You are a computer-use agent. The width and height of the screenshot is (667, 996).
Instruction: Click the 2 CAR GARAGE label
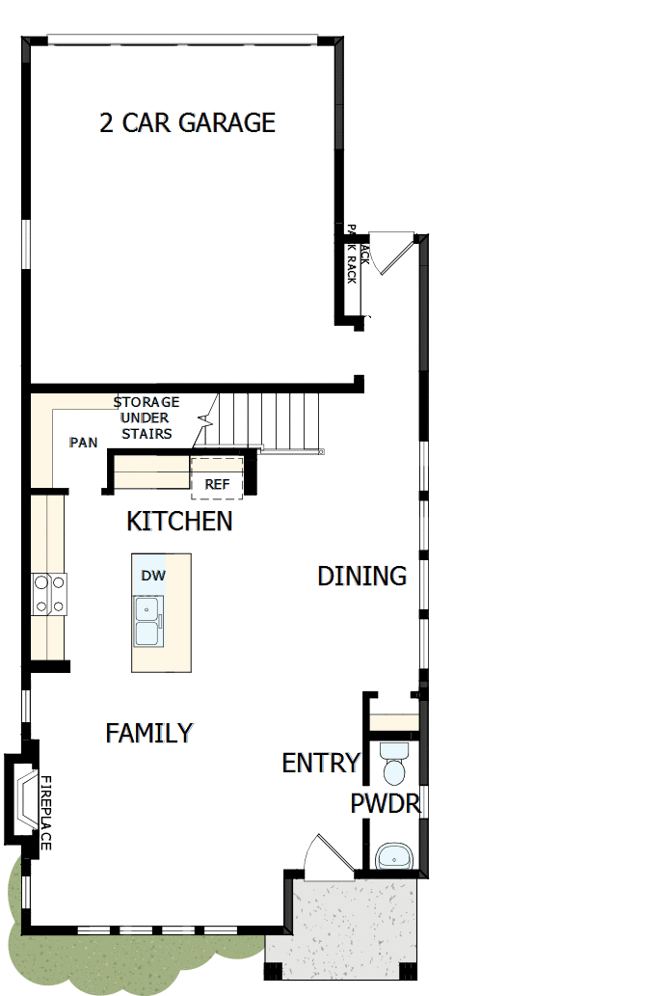pyautogui.click(x=188, y=122)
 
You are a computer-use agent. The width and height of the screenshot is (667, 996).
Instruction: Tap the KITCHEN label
pyautogui.click(x=179, y=522)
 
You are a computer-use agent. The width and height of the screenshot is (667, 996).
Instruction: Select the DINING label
pyautogui.click(x=361, y=577)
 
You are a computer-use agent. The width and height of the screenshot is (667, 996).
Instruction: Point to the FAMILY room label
pyautogui.click(x=149, y=734)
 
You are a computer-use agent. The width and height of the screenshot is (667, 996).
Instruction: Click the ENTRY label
pyautogui.click(x=320, y=764)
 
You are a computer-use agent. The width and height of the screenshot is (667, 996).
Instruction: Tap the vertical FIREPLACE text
pyautogui.click(x=44, y=812)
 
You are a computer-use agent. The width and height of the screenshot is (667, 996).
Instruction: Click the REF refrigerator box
pyautogui.click(x=217, y=485)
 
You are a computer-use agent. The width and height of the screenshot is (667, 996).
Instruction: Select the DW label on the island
pyautogui.click(x=152, y=576)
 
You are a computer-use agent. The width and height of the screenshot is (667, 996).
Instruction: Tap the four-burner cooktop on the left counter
pyautogui.click(x=49, y=594)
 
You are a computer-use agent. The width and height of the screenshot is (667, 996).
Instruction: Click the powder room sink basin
pyautogui.click(x=394, y=855)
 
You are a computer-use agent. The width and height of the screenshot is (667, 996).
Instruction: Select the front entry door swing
pyautogui.click(x=319, y=855)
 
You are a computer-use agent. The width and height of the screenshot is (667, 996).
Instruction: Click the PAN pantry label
pyautogui.click(x=83, y=443)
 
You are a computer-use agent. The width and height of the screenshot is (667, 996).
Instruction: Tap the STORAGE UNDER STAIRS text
pyautogui.click(x=147, y=417)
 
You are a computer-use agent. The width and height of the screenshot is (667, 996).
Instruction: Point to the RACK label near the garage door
pyautogui.click(x=352, y=262)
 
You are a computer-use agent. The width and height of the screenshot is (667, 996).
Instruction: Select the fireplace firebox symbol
pyautogui.click(x=22, y=796)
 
